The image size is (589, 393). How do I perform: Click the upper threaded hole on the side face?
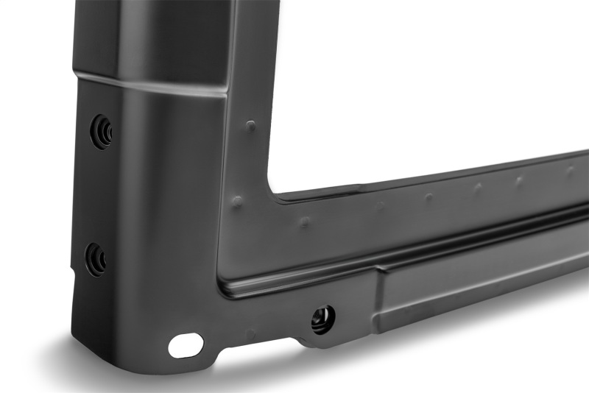tap(102, 131)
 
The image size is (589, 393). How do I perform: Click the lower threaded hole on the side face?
tap(96, 258)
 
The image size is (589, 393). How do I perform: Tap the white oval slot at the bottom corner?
tap(186, 344)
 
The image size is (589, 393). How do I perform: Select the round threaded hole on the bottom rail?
tap(322, 319)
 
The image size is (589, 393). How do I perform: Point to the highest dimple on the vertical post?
tap(250, 126)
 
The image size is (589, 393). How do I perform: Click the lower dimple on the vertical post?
tap(237, 200)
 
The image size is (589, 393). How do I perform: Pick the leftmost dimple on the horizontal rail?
tap(304, 221)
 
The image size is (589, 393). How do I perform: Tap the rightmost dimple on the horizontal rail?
tap(570, 170)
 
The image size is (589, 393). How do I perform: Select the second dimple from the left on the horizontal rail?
tap(380, 207)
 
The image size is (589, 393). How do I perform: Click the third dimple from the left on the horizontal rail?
tap(429, 197)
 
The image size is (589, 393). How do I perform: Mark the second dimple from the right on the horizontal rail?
tap(520, 180)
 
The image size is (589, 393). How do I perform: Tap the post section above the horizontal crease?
tap(147, 37)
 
